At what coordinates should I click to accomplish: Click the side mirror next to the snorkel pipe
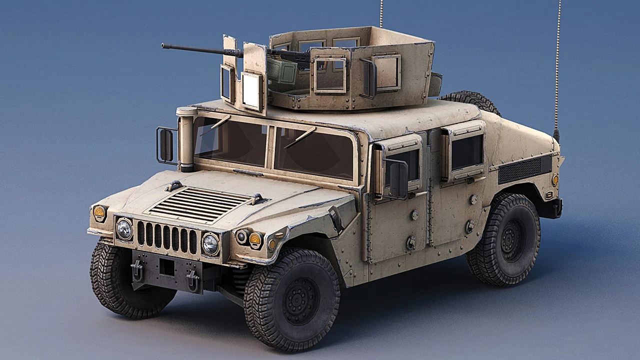[166, 145]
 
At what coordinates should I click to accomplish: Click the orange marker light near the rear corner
[555, 179]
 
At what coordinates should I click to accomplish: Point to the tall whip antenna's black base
[556, 135]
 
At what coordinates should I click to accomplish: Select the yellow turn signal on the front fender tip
[99, 212]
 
